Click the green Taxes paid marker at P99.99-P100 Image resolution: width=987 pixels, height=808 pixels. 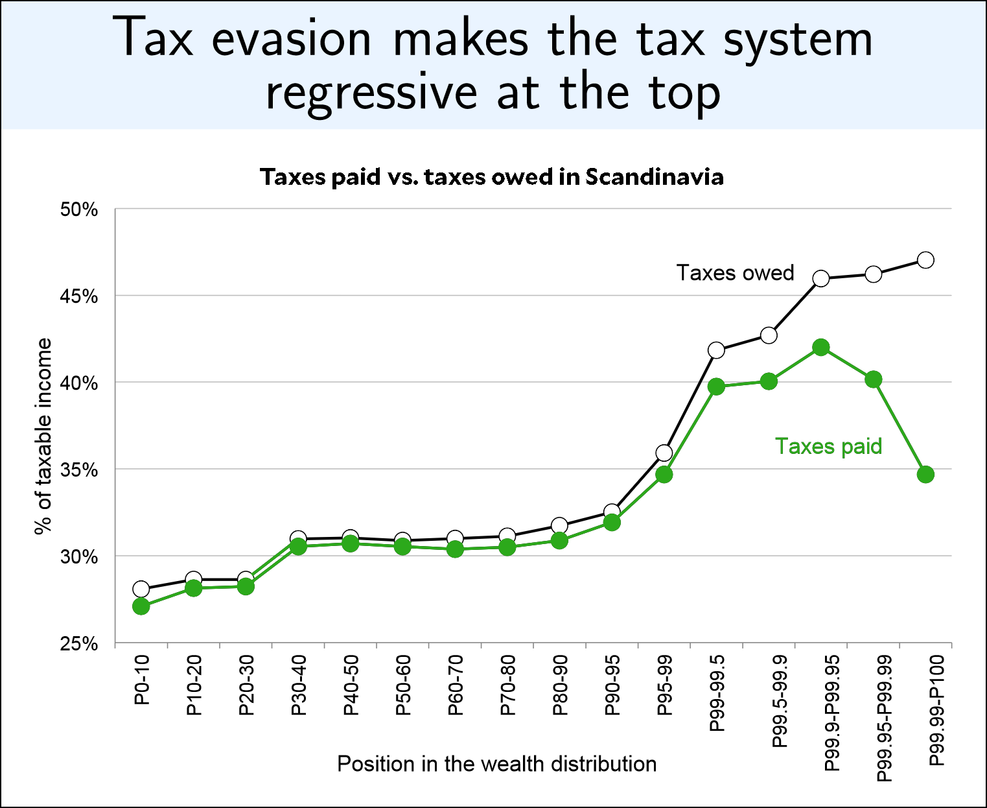point(925,474)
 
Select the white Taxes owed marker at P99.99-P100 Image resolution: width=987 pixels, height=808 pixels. point(925,260)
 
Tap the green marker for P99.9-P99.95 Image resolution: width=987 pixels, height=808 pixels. point(821,348)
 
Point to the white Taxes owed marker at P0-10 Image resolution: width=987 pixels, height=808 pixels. point(141,589)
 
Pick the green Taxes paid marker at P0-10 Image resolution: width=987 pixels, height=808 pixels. point(141,606)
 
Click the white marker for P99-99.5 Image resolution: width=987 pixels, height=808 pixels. point(716,350)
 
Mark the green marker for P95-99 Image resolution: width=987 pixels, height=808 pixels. point(664,475)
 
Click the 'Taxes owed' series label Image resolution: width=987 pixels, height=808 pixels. point(735,273)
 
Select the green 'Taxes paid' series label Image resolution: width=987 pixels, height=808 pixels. point(828,446)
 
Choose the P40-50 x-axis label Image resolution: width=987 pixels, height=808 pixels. point(351,685)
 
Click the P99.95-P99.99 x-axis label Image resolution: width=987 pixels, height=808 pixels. point(884,718)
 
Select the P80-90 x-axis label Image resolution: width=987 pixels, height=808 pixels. point(560,685)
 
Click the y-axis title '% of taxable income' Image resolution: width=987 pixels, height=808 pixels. point(43,436)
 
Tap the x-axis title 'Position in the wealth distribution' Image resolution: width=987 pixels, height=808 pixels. point(496,764)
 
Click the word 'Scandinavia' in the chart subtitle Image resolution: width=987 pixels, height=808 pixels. point(655,177)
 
